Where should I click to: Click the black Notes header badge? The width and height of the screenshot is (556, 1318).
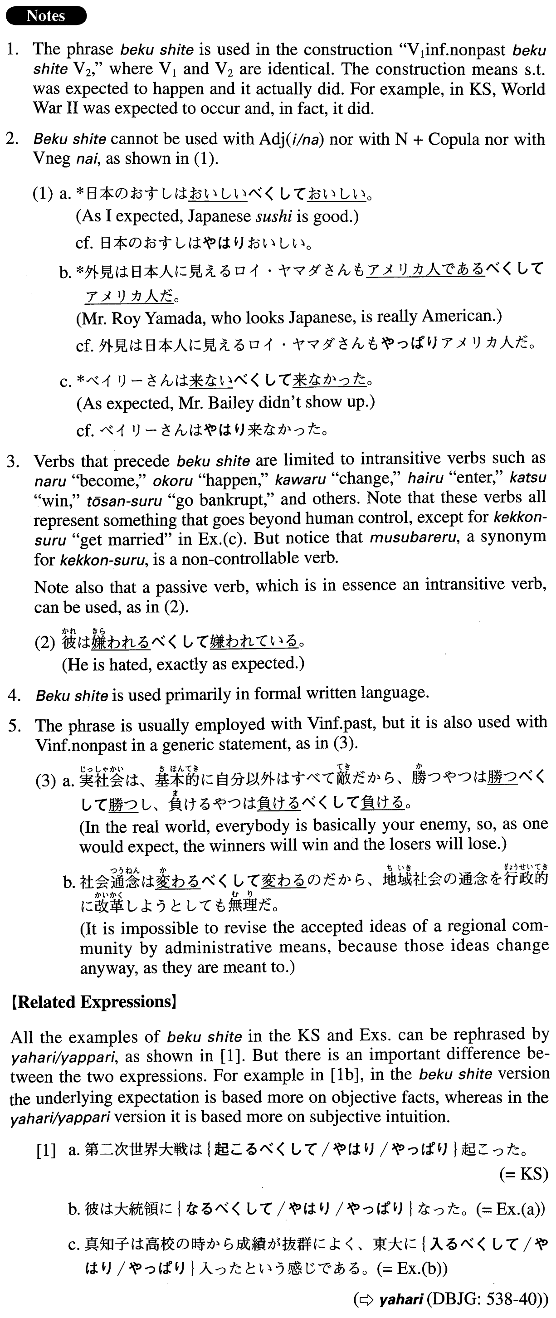(x=46, y=16)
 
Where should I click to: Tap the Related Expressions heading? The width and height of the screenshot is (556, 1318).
(x=93, y=1001)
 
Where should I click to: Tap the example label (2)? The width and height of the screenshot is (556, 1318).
(x=44, y=642)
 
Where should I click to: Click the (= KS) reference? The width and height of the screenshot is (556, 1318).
(x=523, y=1173)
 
